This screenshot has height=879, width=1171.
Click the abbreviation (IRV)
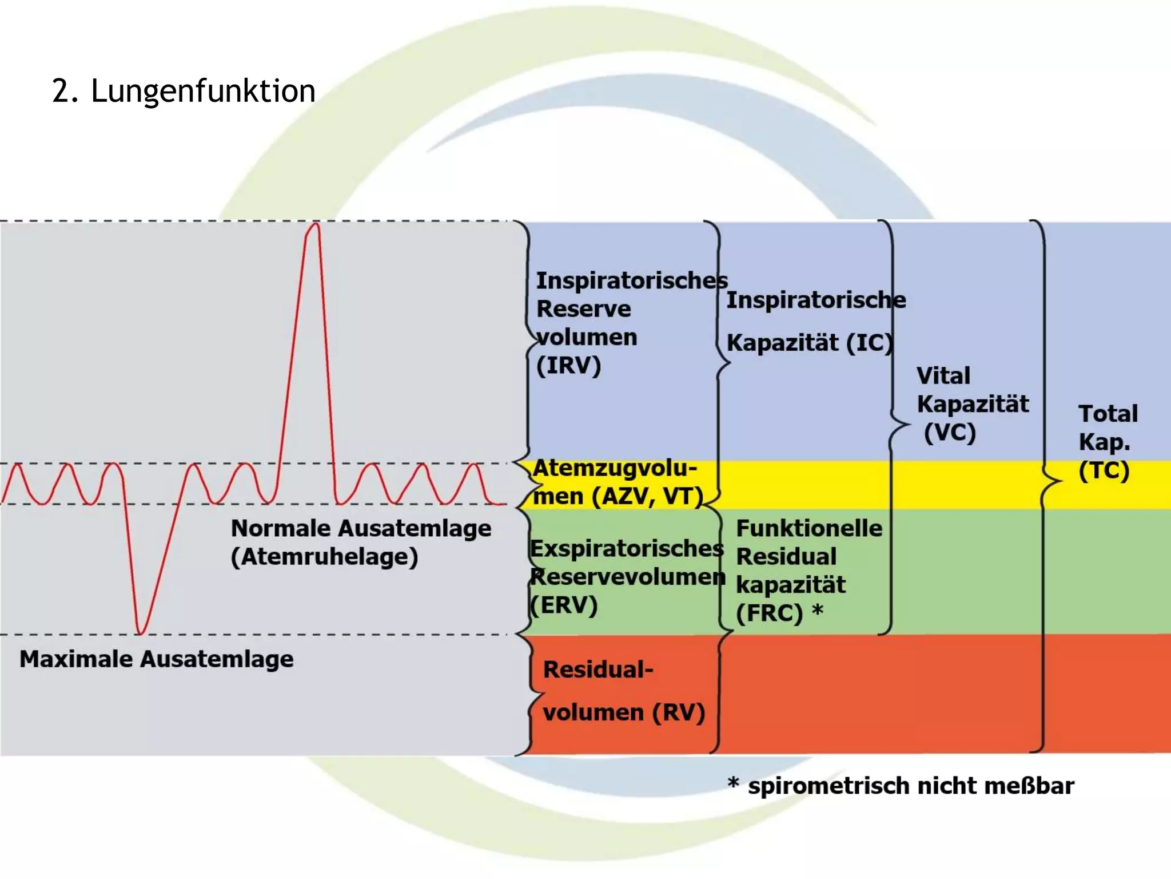[x=568, y=365]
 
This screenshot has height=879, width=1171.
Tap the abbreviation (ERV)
[x=564, y=605]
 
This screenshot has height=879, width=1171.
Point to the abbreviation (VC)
[x=950, y=432]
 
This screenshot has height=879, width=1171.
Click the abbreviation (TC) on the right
[x=1104, y=470]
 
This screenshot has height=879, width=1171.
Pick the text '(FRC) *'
[x=779, y=613]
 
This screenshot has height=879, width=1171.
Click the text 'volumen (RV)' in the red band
[x=624, y=712]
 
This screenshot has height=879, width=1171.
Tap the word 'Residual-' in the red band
[x=598, y=670]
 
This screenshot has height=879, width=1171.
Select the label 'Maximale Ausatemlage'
[x=157, y=659]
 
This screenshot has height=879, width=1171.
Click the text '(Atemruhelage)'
[x=324, y=557]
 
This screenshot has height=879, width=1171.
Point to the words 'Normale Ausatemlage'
[x=361, y=528]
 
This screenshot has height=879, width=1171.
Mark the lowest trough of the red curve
[x=140, y=633]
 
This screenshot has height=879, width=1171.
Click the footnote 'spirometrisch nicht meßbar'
[x=911, y=786]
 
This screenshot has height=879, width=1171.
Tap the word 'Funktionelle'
[x=809, y=528]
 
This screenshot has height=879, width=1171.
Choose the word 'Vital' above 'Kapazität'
[x=943, y=376]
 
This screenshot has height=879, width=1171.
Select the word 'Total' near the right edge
[x=1108, y=414]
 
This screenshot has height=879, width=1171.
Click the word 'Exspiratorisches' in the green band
[x=627, y=548]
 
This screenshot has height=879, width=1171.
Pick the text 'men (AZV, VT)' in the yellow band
[x=618, y=496]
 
